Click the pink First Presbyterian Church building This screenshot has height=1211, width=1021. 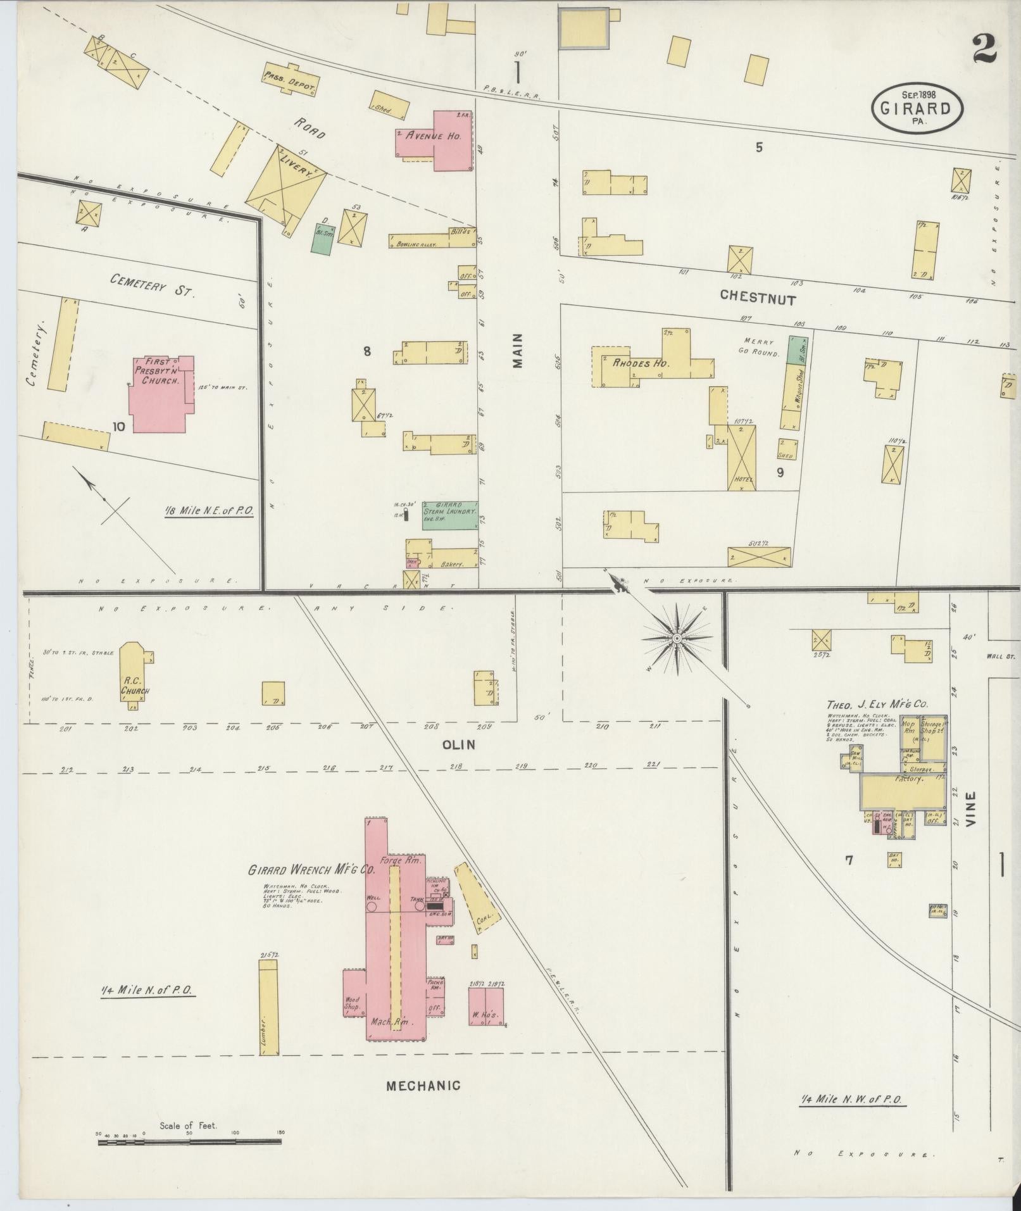point(158,399)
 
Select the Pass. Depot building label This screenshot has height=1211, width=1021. point(290,82)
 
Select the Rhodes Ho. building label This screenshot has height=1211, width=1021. point(641,363)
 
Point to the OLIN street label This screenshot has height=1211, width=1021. point(460,745)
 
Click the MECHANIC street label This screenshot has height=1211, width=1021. point(423,1086)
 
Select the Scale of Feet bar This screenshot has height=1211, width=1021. point(189,1142)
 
